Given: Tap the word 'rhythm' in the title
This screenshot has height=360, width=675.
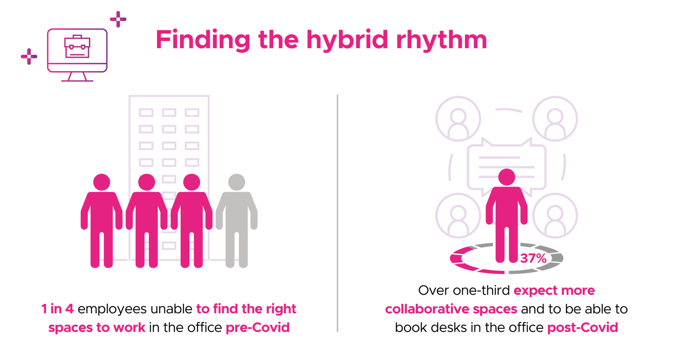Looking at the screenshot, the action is point(442,39).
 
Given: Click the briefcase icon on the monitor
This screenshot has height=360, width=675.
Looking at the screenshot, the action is point(77,46).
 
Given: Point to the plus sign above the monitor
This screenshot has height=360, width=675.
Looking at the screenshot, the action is point(118,19).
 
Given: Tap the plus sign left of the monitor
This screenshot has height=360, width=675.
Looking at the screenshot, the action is point(29,56).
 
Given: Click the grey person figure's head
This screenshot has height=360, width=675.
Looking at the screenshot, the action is point(237,182).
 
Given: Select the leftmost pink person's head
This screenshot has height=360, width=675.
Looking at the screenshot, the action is point(102,182).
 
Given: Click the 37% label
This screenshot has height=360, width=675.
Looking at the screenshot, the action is point(533,258).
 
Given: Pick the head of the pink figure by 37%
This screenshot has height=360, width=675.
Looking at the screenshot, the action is point(507,177).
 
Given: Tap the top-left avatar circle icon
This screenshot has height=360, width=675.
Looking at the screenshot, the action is point(458,119).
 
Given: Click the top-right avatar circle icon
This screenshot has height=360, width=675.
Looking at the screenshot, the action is point(555,119).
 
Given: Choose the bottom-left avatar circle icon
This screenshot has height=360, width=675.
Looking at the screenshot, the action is point(458,216).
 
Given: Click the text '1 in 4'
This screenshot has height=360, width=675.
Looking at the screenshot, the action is point(57,309).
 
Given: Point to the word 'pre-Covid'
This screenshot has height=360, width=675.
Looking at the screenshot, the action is point(258,327).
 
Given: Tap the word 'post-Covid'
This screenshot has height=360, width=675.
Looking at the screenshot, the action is point(583,327).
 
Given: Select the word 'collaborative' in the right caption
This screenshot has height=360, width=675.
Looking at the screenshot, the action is point(427,309).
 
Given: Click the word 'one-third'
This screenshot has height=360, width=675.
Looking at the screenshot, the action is point(481,290).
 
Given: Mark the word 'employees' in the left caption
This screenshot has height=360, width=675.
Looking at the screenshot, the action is point(112,309).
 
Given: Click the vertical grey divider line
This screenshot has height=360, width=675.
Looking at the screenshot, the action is point(337,213).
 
